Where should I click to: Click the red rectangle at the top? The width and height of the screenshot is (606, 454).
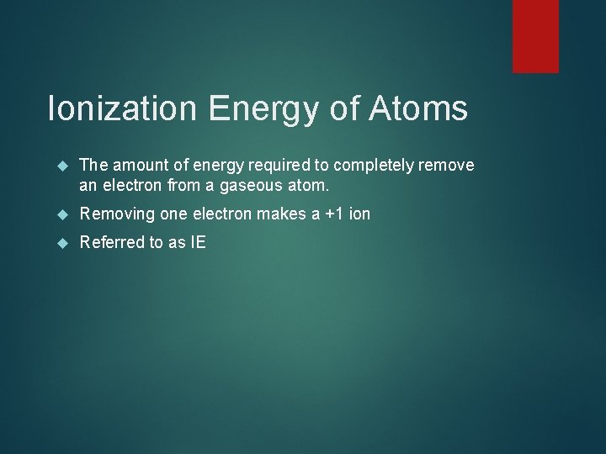pyautogui.click(x=536, y=35)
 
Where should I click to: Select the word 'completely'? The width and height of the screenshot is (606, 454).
pyautogui.click(x=370, y=166)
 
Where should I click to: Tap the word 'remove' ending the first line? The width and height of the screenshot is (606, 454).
pyautogui.click(x=447, y=166)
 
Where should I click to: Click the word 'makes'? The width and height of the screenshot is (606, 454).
pyautogui.click(x=280, y=214)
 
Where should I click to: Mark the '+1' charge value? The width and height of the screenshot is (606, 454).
pyautogui.click(x=332, y=214)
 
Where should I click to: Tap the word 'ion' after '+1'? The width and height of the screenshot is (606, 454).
pyautogui.click(x=359, y=214)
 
